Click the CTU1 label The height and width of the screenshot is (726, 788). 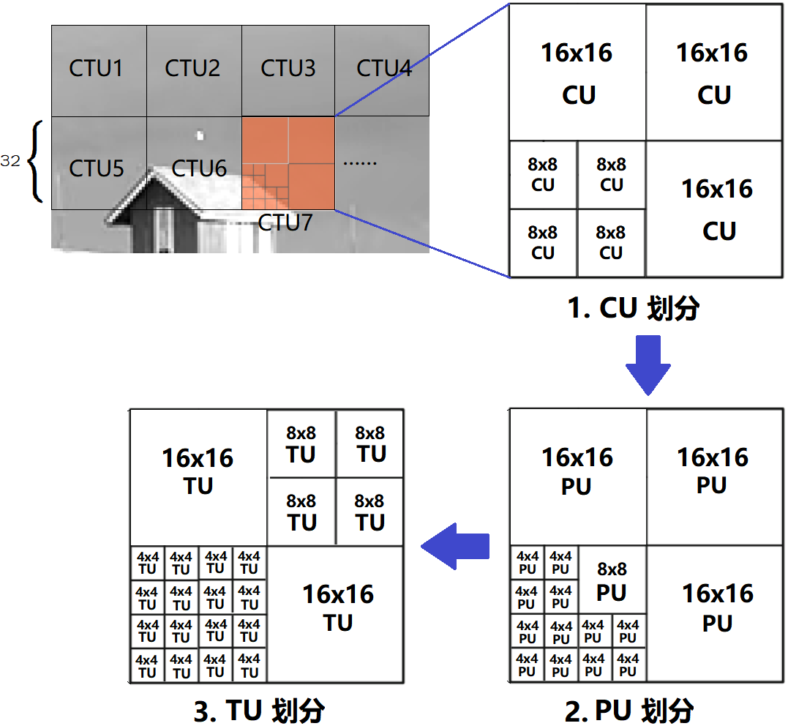[97, 69]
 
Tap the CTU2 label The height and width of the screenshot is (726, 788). [192, 69]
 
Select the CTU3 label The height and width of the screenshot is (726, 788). [288, 69]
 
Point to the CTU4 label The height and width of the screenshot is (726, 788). [383, 69]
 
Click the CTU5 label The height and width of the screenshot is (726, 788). [97, 168]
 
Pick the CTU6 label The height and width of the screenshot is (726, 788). [199, 168]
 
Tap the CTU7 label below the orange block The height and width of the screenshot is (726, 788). [285, 222]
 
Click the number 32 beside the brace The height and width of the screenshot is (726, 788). [10, 162]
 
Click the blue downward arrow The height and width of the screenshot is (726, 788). [648, 364]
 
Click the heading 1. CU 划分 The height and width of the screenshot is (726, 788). [634, 308]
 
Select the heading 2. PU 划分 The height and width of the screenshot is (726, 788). [629, 710]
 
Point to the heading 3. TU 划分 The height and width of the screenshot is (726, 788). [259, 711]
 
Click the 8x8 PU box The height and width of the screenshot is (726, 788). [612, 580]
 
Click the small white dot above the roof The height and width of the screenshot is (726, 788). [200, 135]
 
